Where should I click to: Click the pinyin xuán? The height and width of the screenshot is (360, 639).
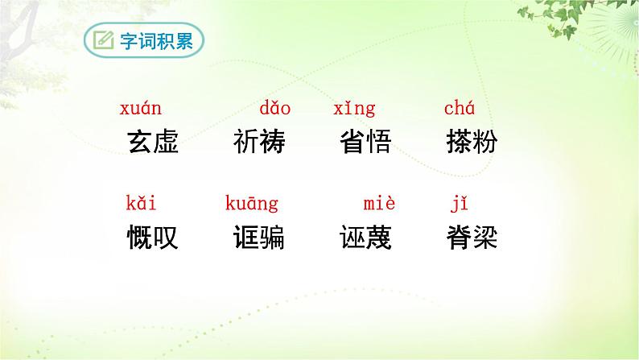pyautogui.click(x=141, y=109)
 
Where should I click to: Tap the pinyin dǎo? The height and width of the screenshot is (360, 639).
pyautogui.click(x=274, y=109)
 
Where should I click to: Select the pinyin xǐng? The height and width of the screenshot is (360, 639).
pyautogui.click(x=354, y=110)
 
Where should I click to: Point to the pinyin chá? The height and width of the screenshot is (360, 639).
pyautogui.click(x=460, y=109)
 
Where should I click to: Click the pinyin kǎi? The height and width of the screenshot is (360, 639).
pyautogui.click(x=141, y=203)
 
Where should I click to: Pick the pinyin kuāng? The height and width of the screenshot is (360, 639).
pyautogui.click(x=251, y=205)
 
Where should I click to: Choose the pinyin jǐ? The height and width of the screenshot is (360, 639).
pyautogui.click(x=457, y=204)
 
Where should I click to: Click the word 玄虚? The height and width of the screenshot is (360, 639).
pyautogui.click(x=153, y=143)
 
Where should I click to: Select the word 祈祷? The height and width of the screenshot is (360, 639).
pyautogui.click(x=259, y=143)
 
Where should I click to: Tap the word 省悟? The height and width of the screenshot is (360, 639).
pyautogui.click(x=366, y=143)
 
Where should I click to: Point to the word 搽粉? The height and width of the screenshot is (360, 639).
pyautogui.click(x=472, y=143)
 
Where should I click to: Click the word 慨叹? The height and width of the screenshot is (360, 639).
pyautogui.click(x=153, y=238)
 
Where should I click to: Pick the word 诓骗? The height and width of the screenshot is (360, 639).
pyautogui.click(x=259, y=238)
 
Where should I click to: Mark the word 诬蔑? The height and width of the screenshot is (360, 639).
pyautogui.click(x=366, y=238)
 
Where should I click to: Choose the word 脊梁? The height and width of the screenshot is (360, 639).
pyautogui.click(x=472, y=238)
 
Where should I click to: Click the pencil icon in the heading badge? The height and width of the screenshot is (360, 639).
pyautogui.click(x=104, y=41)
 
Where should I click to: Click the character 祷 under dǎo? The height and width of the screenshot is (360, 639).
pyautogui.click(x=273, y=143)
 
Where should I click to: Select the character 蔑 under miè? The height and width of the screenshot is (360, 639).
pyautogui.click(x=379, y=238)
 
